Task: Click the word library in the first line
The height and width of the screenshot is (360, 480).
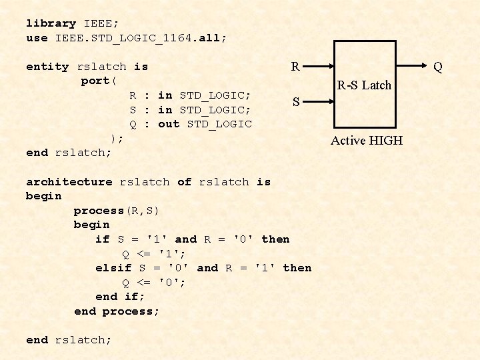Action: pos(51,23)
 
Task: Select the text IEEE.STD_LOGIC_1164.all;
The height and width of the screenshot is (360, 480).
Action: pos(141,38)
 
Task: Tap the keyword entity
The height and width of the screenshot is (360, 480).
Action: pos(47,67)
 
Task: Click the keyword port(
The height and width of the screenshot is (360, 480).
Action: pos(99,81)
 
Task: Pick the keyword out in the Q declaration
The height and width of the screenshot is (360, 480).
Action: pos(169,124)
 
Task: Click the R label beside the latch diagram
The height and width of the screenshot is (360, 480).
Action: pos(295,67)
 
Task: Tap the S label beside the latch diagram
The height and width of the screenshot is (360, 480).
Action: pos(295,102)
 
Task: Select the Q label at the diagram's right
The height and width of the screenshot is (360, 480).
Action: pos(438,67)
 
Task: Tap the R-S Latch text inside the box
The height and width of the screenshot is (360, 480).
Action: pos(364,85)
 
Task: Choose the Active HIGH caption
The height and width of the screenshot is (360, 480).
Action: pos(367,140)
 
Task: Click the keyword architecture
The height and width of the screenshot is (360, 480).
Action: pos(69,182)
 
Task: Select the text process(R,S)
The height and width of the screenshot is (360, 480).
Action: pos(116,211)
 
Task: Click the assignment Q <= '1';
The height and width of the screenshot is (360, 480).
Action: pos(154,254)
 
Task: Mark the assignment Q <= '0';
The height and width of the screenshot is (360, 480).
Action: pos(154,283)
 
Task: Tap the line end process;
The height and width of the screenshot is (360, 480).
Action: pos(117,311)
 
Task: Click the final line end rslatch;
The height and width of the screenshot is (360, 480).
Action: pos(69,340)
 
